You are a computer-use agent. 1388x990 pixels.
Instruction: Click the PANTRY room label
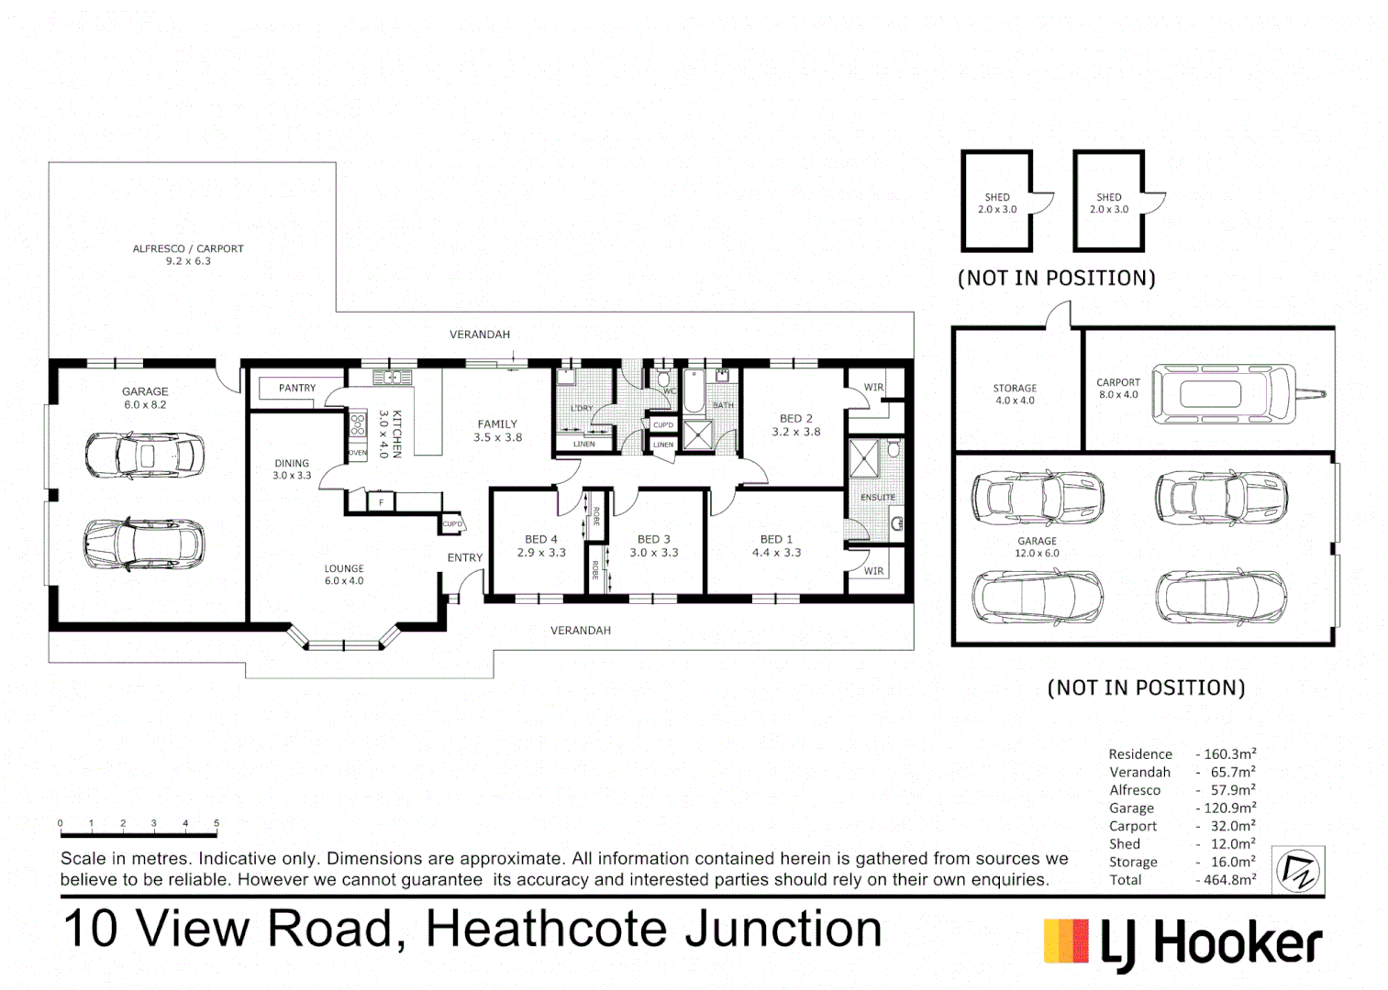pyautogui.click(x=296, y=388)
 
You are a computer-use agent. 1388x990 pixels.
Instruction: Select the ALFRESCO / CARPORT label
pyautogui.click(x=188, y=248)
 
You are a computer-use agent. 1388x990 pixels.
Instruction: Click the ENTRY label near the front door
pyautogui.click(x=464, y=557)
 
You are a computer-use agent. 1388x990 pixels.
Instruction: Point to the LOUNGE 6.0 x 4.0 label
pyautogui.click(x=344, y=575)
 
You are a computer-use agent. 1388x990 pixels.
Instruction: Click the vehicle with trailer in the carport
pyautogui.click(x=1237, y=394)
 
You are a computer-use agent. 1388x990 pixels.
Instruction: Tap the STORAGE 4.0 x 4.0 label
pyautogui.click(x=1015, y=394)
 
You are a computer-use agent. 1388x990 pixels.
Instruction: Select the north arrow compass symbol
pyautogui.click(x=1297, y=870)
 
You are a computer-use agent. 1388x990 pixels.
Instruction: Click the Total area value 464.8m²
pyautogui.click(x=1226, y=880)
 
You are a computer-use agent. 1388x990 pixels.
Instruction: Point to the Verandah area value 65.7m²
pyautogui.click(x=1232, y=773)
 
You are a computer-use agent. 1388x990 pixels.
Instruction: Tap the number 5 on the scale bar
pyautogui.click(x=217, y=823)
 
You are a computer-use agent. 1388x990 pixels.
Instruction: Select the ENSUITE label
pyautogui.click(x=877, y=498)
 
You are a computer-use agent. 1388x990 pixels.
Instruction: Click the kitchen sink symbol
pyautogui.click(x=392, y=377)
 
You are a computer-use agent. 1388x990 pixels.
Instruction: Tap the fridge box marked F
pyautogui.click(x=381, y=502)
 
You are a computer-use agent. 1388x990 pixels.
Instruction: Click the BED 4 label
pyautogui.click(x=540, y=539)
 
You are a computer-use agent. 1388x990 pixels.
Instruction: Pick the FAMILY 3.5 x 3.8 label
pyautogui.click(x=497, y=431)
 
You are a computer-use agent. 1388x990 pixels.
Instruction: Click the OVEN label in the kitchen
pyautogui.click(x=357, y=453)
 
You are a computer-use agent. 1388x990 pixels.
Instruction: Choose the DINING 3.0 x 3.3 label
pyautogui.click(x=292, y=469)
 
